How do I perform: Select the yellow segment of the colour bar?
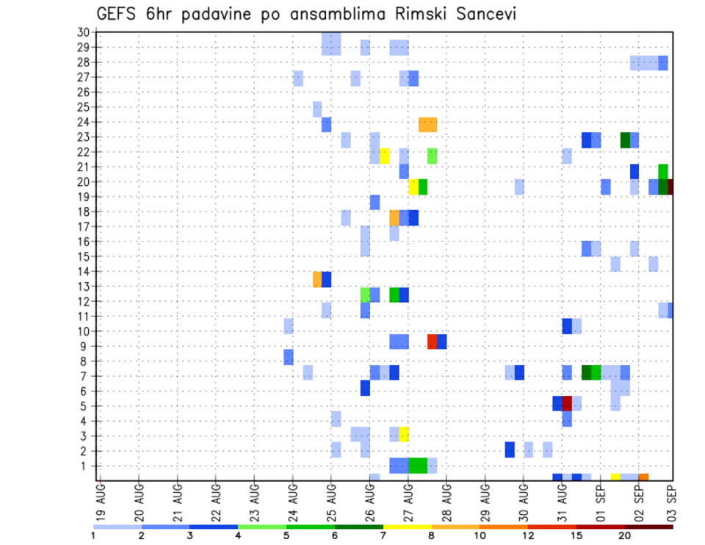407,527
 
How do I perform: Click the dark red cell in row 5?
567,403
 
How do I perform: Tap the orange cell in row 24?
427,125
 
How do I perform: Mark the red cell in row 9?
433,342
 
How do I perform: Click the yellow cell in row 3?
404,433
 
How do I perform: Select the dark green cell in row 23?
625,140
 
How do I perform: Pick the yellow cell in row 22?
385,155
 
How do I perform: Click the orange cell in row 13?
317,279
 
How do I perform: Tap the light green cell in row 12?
365,295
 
